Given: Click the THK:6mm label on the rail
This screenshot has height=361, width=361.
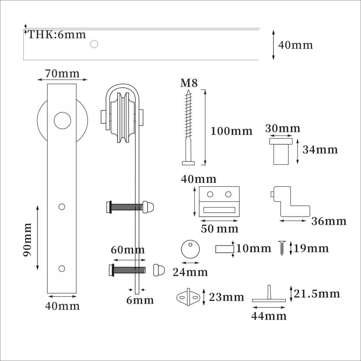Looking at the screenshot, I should (57, 35).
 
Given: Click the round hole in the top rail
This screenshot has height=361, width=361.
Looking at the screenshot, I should (94, 45).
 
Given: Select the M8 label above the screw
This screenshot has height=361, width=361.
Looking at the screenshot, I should (189, 83).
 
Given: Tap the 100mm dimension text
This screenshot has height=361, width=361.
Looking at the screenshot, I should (231, 131).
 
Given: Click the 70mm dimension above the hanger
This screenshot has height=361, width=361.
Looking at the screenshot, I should (62, 73).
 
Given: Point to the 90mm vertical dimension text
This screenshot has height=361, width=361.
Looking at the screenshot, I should (28, 240).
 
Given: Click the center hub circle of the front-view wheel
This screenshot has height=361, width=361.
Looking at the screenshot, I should (62, 121).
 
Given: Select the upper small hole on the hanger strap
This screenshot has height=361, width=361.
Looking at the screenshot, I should (62, 207).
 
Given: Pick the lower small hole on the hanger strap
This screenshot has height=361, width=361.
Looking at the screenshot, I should (62, 268).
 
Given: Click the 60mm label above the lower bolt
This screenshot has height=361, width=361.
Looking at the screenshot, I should (128, 250).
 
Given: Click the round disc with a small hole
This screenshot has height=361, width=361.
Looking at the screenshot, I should (191, 249).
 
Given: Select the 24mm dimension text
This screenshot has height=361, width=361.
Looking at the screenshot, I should (190, 272).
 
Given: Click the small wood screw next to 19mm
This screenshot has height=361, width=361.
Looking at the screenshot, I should (282, 248).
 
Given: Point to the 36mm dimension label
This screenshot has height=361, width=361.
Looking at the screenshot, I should (329, 221).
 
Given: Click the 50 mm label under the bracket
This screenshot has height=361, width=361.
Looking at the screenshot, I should (220, 229).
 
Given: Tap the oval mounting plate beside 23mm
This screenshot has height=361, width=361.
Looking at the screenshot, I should (188, 297).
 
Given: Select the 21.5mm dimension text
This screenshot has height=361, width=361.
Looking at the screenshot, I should (317, 294).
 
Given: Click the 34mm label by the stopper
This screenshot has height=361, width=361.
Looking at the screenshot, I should (320, 150).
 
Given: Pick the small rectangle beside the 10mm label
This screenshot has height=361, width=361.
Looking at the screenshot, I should (225, 249).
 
